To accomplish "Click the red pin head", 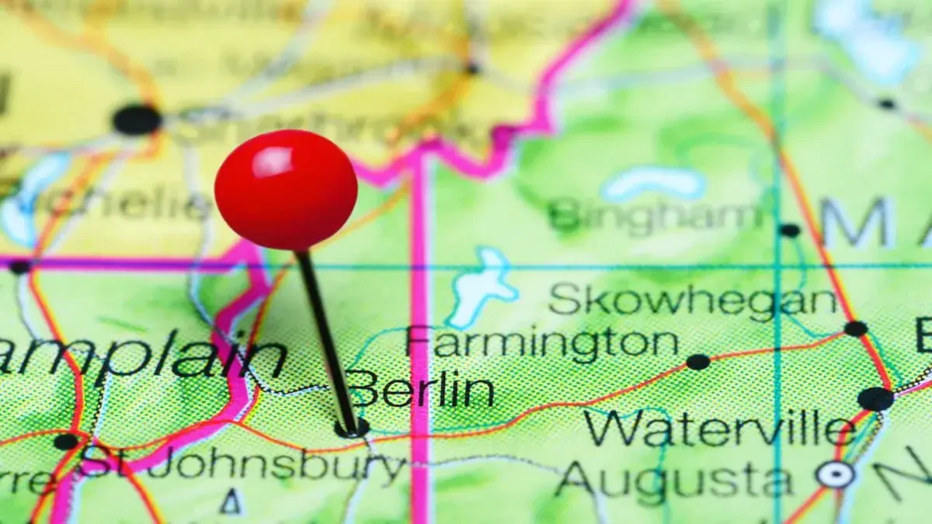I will point(286,190).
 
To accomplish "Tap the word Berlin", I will point(422,389).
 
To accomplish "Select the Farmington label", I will point(542,342).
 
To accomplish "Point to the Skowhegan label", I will point(693,300).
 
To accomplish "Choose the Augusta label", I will point(674,479).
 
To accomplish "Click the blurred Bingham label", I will point(655,215).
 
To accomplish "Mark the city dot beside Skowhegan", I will point(856,328).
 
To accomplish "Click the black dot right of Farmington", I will point(697,362).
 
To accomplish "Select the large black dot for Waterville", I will point(875,398).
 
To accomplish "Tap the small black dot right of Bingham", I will point(789,230).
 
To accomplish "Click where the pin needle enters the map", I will point(351,428).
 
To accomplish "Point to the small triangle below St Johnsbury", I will point(231,504).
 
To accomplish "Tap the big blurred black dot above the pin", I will point(137,120).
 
